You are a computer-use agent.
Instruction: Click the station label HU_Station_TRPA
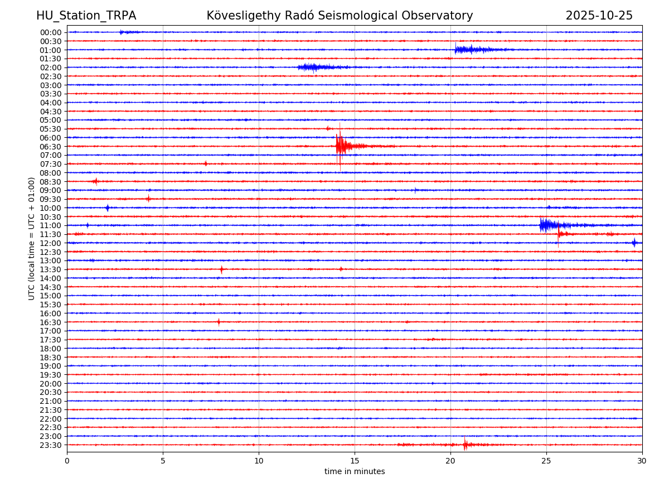(x=86, y=16)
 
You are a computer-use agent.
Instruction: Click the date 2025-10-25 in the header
(x=599, y=16)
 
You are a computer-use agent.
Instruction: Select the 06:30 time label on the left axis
(x=51, y=147)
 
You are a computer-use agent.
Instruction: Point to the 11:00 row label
(x=51, y=225)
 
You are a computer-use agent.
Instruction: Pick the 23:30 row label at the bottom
(x=51, y=445)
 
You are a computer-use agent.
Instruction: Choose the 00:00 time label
(x=51, y=32)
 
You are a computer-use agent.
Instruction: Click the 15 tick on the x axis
(x=355, y=461)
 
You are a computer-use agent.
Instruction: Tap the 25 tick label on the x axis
(x=546, y=461)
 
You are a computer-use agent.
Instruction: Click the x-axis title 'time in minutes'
(x=355, y=472)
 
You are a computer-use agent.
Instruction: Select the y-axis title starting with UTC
(x=32, y=238)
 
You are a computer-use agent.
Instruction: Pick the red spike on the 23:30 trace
(x=465, y=445)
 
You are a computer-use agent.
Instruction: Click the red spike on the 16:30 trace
(x=219, y=322)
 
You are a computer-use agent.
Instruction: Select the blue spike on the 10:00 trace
(x=108, y=208)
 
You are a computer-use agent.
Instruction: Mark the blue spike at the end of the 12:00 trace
(x=634, y=243)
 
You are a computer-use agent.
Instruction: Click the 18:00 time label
(x=51, y=349)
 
